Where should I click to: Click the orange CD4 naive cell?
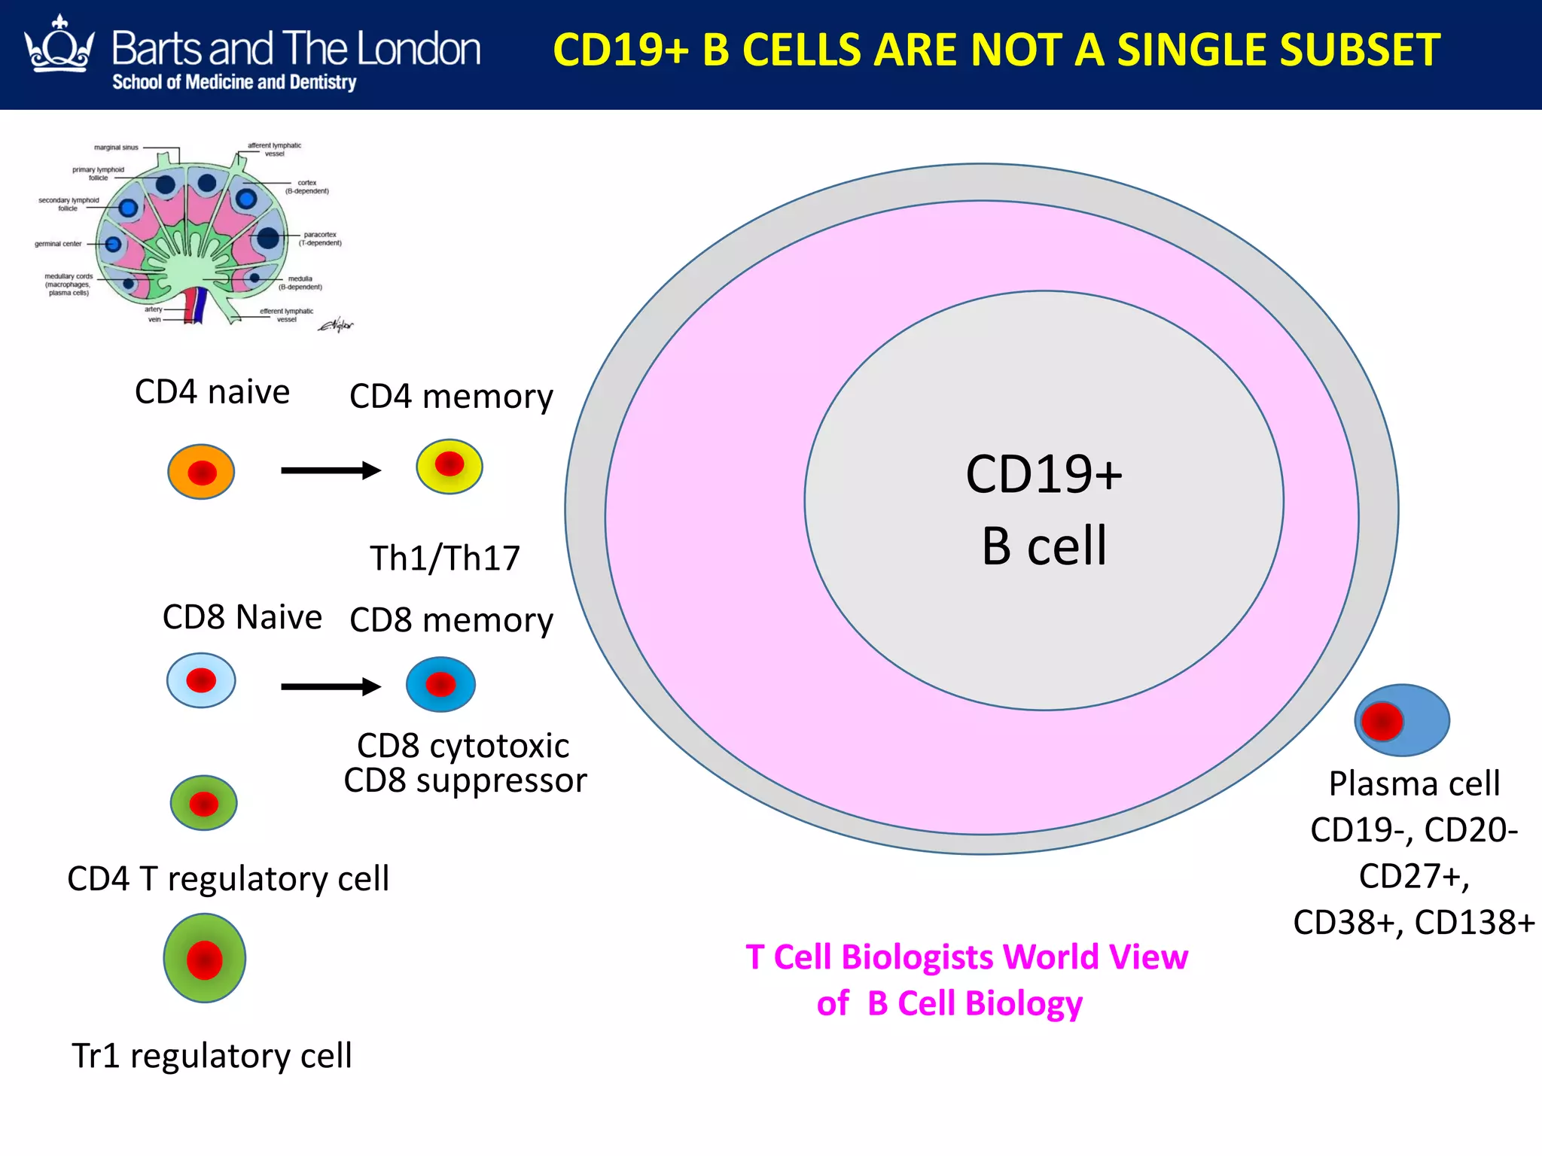click(201, 472)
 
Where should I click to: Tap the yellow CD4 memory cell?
click(449, 467)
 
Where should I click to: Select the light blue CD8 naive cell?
click(201, 681)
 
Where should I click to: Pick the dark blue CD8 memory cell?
click(440, 685)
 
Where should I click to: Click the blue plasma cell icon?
click(1402, 720)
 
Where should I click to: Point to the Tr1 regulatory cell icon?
click(205, 958)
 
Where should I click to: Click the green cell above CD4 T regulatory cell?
click(203, 803)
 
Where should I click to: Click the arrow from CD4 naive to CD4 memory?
click(331, 470)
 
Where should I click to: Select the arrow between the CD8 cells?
click(331, 686)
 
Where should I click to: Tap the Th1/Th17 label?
click(444, 558)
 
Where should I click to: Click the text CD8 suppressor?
click(465, 780)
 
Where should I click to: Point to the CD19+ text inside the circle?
click(1044, 475)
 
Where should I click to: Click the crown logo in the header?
click(60, 47)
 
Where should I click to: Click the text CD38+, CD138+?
click(1413, 923)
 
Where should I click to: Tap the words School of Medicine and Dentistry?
click(234, 82)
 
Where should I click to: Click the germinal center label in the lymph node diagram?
click(58, 244)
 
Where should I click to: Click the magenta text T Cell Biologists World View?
click(966, 957)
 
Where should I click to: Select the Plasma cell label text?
click(1414, 784)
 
